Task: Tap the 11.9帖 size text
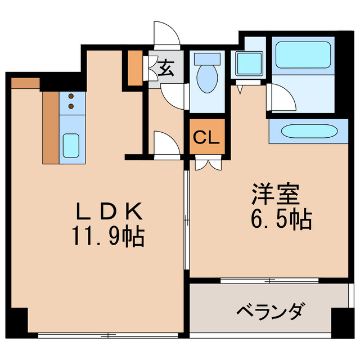click(108, 236)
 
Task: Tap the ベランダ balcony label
click(271, 310)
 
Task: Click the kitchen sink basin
click(71, 145)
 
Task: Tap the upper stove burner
click(71, 97)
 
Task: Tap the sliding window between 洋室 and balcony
click(270, 280)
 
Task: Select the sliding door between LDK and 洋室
click(186, 225)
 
